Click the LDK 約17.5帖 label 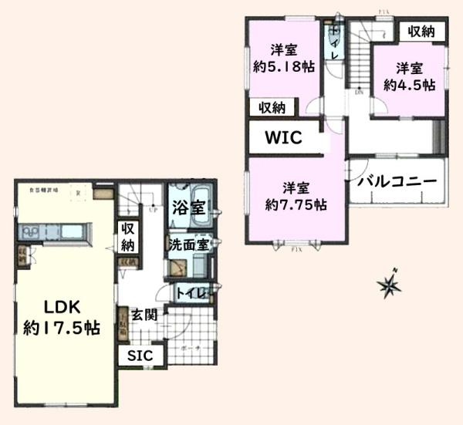point(61,317)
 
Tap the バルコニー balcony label point(397,182)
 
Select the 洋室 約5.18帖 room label point(283,59)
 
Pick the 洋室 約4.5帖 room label point(409,75)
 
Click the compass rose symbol point(389,285)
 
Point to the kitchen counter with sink point(53,231)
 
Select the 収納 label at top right point(421,32)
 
